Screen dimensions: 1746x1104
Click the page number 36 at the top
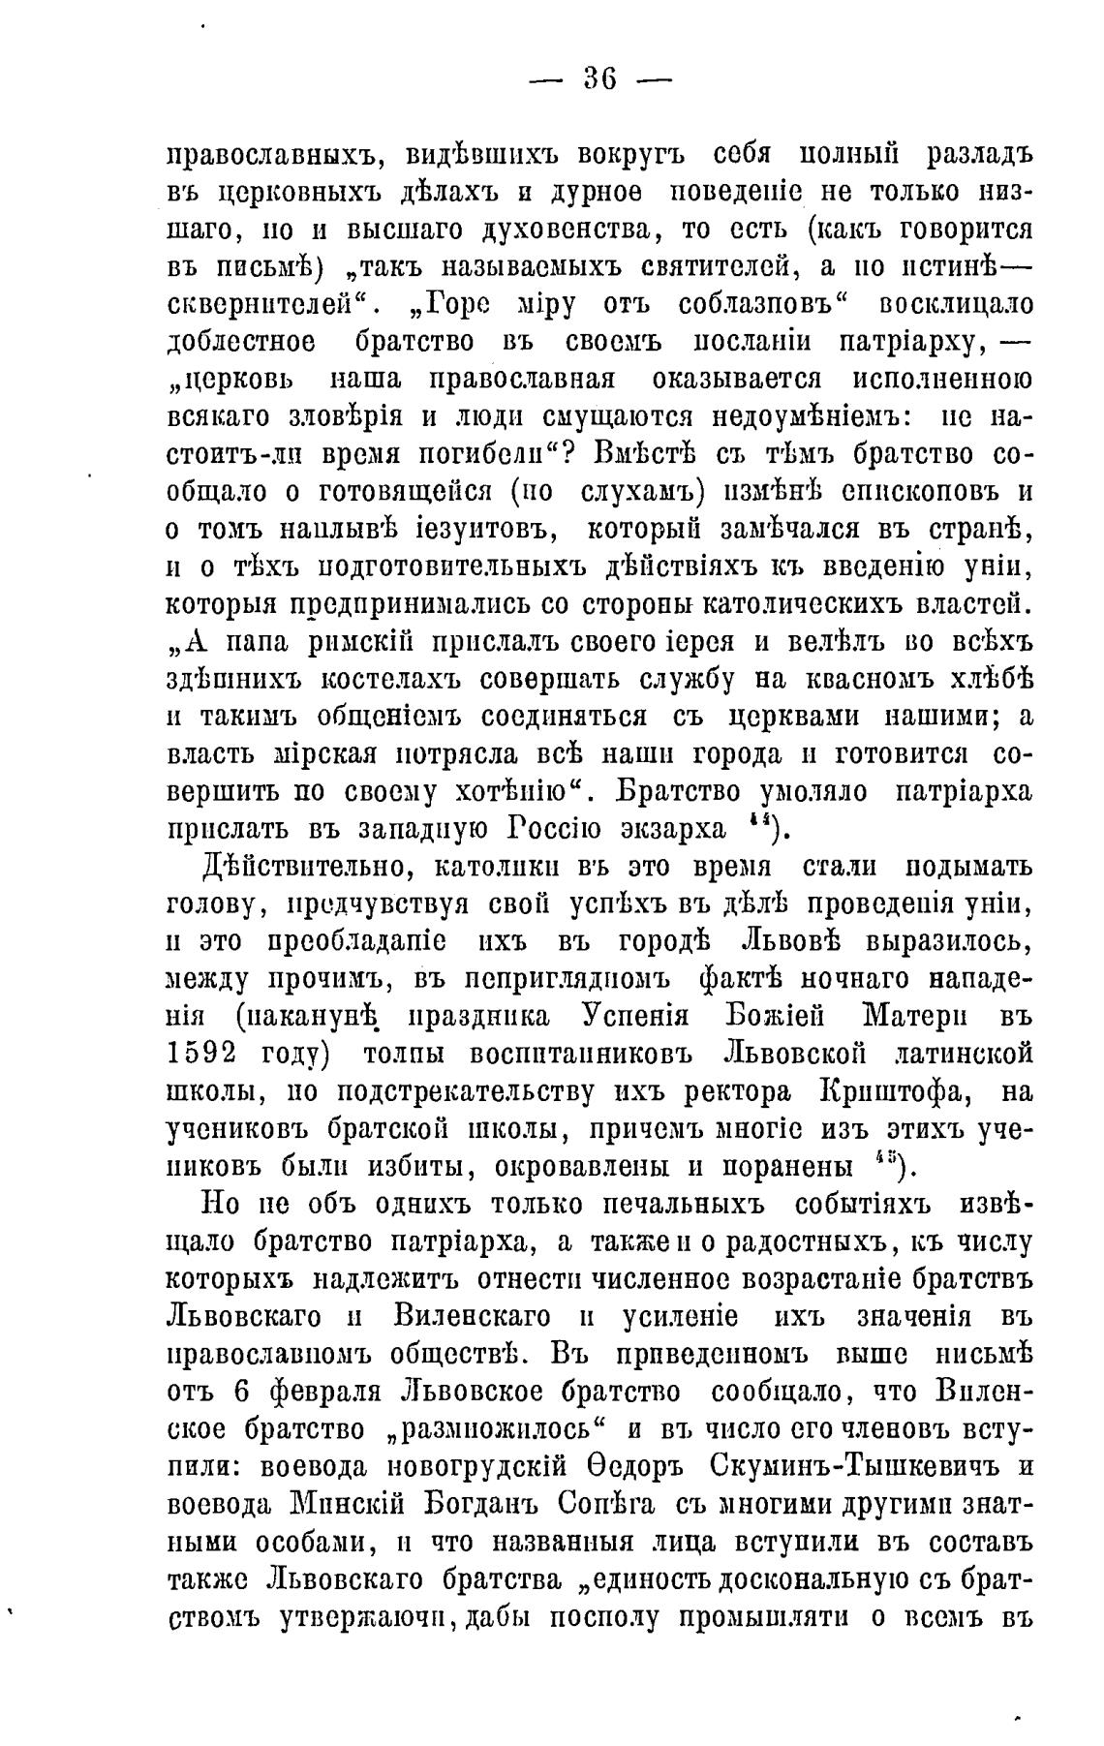600,78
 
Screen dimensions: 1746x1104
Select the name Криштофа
897,1090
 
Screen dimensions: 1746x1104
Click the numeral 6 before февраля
245,1392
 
